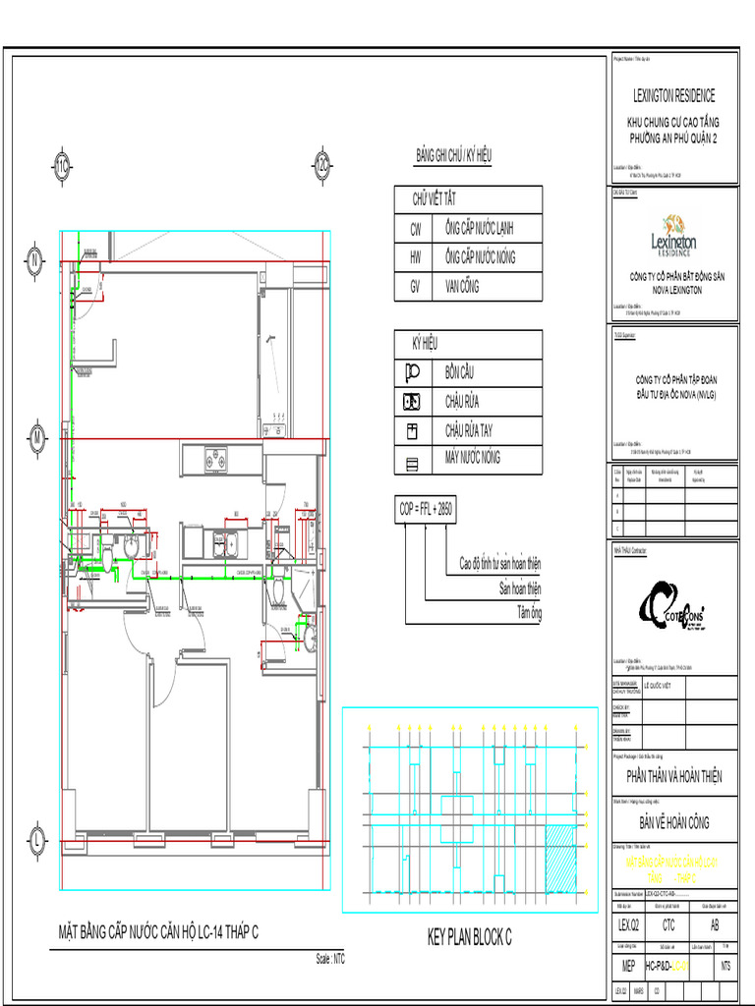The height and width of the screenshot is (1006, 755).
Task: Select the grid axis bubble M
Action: pos(34,435)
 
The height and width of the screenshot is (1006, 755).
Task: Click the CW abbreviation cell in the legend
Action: pos(416,229)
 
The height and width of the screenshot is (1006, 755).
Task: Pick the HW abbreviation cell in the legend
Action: pos(416,257)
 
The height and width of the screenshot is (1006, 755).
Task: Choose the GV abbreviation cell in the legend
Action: pos(416,287)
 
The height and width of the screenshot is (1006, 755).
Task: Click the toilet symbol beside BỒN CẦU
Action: pos(413,372)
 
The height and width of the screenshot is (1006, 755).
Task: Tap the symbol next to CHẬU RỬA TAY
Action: pos(413,430)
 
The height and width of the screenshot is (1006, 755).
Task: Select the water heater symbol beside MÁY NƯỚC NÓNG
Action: pos(413,459)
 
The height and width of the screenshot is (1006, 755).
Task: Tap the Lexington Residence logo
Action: pos(673,236)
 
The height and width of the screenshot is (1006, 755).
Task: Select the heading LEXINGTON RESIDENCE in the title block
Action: pos(673,95)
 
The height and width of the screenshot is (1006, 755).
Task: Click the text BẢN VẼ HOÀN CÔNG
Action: pos(673,823)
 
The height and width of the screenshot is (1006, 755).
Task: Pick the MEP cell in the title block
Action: pos(628,967)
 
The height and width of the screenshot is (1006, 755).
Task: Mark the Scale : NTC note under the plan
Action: pos(330,959)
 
